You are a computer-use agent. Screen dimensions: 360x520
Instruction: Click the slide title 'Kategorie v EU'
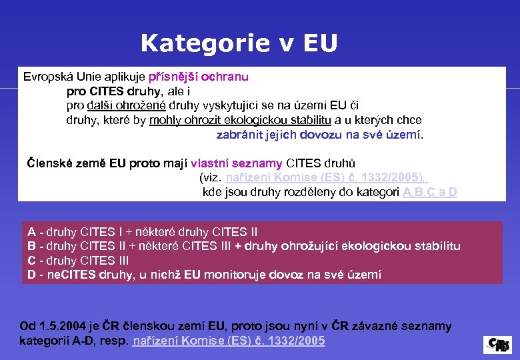pyautogui.click(x=239, y=43)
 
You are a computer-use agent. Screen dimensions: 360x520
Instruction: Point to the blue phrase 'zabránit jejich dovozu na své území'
pyautogui.click(x=319, y=135)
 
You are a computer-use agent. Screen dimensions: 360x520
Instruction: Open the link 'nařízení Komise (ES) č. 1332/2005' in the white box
pyautogui.click(x=325, y=177)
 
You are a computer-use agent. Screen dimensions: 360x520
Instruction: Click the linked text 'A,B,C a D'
pyautogui.click(x=430, y=192)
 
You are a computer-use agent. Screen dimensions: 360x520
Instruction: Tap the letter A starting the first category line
pyautogui.click(x=31, y=232)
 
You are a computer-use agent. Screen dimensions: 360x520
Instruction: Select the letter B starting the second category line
pyautogui.click(x=31, y=246)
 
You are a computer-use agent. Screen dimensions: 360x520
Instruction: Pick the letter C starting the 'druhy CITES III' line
pyautogui.click(x=31, y=260)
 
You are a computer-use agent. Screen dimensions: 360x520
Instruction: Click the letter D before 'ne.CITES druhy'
pyautogui.click(x=31, y=274)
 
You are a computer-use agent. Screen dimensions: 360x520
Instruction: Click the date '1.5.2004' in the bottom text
pyautogui.click(x=61, y=326)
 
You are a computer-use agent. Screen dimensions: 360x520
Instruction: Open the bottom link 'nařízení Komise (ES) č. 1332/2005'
pyautogui.click(x=229, y=341)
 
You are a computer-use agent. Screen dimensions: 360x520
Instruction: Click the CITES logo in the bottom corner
pyautogui.click(x=497, y=344)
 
